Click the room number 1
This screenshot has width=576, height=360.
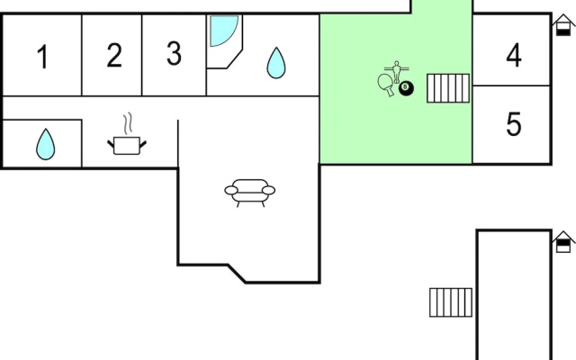coord(43,56)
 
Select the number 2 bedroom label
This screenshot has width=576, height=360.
coord(114,55)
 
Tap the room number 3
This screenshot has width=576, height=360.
coord(174,53)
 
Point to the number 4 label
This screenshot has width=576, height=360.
coord(514,55)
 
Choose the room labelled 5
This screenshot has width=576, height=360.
coord(514,124)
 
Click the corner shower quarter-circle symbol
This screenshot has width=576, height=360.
coord(224,31)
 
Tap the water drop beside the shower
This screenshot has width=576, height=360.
coord(276,63)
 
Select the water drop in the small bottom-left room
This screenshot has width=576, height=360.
coord(46,144)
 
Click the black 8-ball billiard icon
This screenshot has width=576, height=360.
coord(406,88)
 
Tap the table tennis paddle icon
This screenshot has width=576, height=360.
coord(386,85)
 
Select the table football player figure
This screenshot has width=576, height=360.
coord(396,72)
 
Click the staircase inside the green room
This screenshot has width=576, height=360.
coord(448,88)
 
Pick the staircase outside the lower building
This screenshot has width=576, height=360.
coord(451,302)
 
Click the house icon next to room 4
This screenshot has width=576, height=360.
coord(563,25)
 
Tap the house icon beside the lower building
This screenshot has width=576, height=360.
coord(563,242)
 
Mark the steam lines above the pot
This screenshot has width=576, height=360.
coord(128,123)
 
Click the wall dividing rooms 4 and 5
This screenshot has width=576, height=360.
coord(511,86)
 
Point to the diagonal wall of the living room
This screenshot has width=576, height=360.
coord(237,274)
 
